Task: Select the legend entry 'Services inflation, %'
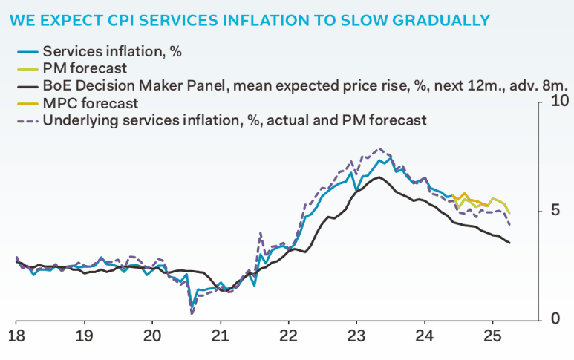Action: point(112,51)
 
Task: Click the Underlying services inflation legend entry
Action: point(235,120)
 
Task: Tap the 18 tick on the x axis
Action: point(16,336)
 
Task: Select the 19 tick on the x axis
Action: point(84,336)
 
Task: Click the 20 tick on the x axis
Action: point(152,336)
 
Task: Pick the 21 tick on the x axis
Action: point(221,336)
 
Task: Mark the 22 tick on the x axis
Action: point(288,336)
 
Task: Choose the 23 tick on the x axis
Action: point(356,336)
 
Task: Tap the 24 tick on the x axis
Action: point(424,336)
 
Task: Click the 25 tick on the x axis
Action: point(492,336)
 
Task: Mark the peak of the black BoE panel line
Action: point(379,177)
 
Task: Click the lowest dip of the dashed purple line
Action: point(192,313)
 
